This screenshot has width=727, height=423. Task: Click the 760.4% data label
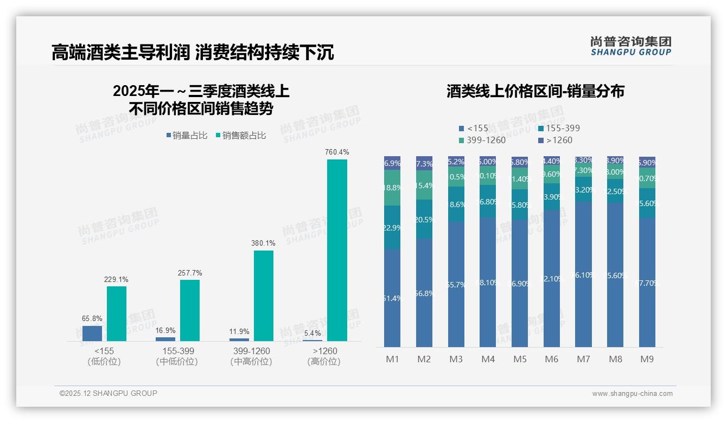[x=337, y=152]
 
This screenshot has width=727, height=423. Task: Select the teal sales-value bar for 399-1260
[x=264, y=296]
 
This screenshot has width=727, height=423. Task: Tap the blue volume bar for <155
[x=92, y=333]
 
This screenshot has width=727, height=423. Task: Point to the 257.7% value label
[x=190, y=273]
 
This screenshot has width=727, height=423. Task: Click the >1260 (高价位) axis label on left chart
[x=324, y=356]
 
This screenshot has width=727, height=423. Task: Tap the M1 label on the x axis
[x=392, y=359]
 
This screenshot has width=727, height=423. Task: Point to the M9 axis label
[x=647, y=359]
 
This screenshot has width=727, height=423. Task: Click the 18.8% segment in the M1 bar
[x=392, y=188]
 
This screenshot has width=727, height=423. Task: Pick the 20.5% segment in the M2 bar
[x=424, y=219]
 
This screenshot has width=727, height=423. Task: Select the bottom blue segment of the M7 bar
[x=583, y=274]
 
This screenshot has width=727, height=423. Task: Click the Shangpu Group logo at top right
[x=630, y=46]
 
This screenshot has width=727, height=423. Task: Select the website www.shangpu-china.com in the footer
[x=632, y=394]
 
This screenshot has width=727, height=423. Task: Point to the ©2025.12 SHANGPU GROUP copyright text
[x=109, y=393]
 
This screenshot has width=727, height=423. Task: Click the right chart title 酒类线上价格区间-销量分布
[x=535, y=91]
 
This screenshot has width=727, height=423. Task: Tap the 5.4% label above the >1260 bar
[x=313, y=333]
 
